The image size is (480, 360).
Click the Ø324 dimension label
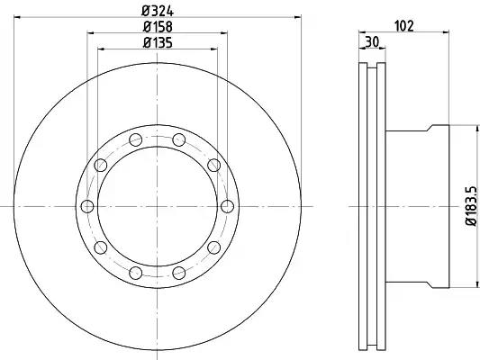pyautogui.click(x=158, y=12)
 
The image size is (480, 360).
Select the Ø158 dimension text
pyautogui.click(x=158, y=27)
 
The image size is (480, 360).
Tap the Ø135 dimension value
pyautogui.click(x=158, y=43)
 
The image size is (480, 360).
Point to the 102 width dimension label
pyautogui.click(x=404, y=26)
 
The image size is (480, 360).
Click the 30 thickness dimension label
pyautogui.click(x=372, y=42)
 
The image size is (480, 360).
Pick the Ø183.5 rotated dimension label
pyautogui.click(x=471, y=206)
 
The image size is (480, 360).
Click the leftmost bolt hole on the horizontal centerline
pyautogui.click(x=87, y=206)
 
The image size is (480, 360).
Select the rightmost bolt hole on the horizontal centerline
pyautogui.click(x=227, y=206)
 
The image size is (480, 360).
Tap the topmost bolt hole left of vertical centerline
pyautogui.click(x=136, y=139)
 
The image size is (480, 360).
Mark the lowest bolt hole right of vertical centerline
pyautogui.click(x=179, y=273)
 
